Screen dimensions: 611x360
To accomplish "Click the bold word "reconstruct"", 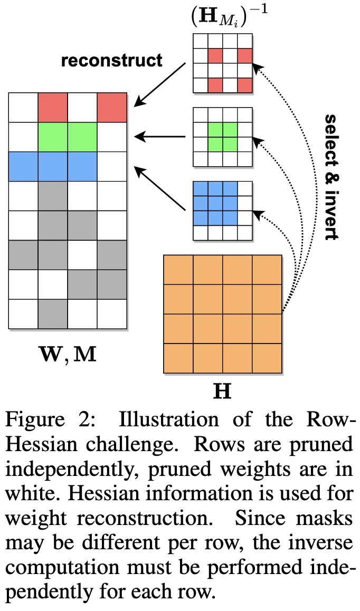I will (x=111, y=60).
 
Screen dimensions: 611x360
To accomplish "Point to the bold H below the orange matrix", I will (x=222, y=392).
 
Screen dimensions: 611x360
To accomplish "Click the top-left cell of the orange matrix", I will (x=178, y=270).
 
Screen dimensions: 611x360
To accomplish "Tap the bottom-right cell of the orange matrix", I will (x=267, y=358).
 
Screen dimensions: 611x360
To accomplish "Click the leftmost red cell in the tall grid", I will (x=53, y=107).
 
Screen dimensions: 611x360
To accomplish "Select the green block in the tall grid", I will (x=68, y=136).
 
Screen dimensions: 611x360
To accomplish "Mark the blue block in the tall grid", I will (x=53, y=166).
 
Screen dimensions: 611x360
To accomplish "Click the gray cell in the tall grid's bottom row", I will (x=53, y=313).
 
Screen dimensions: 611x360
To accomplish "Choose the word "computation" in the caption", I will (x=74, y=568).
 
